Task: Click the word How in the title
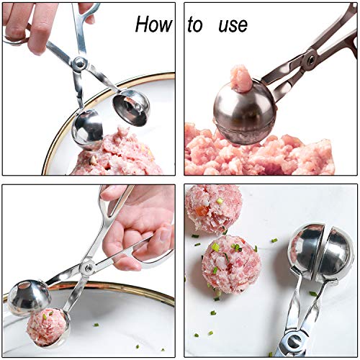pos(153,24)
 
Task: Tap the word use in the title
pos(231,25)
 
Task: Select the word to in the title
pos(195,25)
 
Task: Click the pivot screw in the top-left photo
pos(80,64)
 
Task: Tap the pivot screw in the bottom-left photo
pos(86,268)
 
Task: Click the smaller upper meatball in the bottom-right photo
pos(213,209)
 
